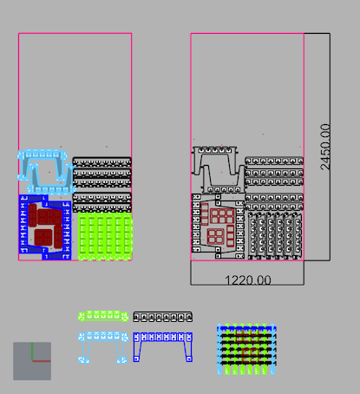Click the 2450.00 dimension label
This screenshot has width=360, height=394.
pyautogui.click(x=325, y=147)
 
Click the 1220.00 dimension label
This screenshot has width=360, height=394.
pyautogui.click(x=248, y=280)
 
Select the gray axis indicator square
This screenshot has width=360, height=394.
pyautogui.click(x=32, y=361)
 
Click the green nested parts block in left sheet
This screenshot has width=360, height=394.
pyautogui.click(x=105, y=236)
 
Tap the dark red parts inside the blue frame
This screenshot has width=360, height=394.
pyautogui.click(x=45, y=226)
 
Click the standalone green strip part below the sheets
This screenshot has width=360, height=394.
pyautogui.click(x=103, y=316)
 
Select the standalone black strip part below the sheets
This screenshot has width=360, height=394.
pyautogui.click(x=162, y=317)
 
